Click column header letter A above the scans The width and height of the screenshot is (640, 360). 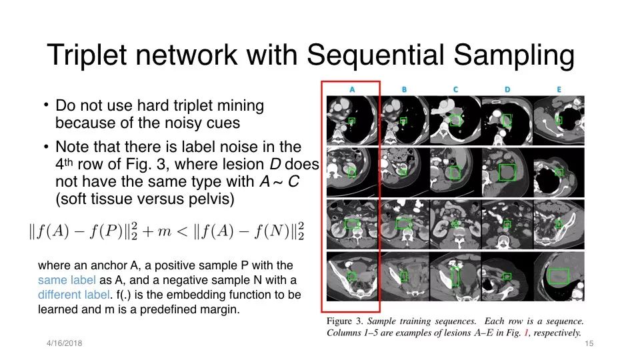click(x=352, y=89)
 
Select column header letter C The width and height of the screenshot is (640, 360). click(x=455, y=89)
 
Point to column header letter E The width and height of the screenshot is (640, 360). click(x=559, y=89)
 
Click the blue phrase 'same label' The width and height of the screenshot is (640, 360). click(x=67, y=280)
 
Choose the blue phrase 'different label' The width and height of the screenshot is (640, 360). click(x=74, y=295)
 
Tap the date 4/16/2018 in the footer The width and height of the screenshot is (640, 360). click(x=64, y=343)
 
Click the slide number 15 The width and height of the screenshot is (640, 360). click(x=589, y=344)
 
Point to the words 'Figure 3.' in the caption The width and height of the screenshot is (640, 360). click(x=345, y=321)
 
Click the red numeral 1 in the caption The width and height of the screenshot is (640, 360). click(x=526, y=333)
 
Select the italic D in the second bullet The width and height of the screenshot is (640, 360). click(x=275, y=164)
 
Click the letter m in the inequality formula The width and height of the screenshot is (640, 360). click(x=164, y=232)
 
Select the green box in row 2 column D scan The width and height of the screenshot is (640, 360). click(x=507, y=173)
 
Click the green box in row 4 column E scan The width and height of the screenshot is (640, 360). click(x=559, y=276)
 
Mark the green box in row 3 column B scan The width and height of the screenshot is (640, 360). click(x=404, y=224)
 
